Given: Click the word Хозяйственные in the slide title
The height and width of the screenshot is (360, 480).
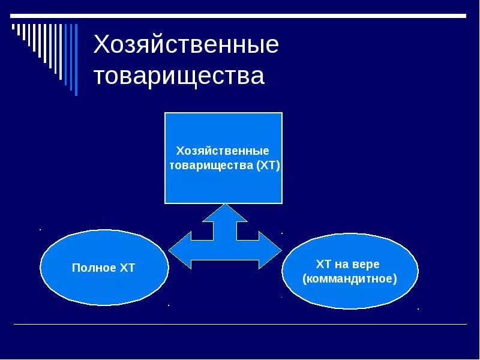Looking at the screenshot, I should (x=186, y=46).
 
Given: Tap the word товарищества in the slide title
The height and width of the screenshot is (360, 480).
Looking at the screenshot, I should (x=179, y=76).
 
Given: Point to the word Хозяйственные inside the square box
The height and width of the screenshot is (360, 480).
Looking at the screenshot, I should (x=222, y=151).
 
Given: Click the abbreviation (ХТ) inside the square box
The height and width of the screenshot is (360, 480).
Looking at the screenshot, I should (x=268, y=166).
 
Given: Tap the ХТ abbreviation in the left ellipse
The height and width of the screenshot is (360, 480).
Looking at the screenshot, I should (x=127, y=268).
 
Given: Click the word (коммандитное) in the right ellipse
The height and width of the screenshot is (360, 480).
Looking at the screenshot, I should (x=350, y=279).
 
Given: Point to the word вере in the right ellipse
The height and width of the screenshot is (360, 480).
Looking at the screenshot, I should (x=367, y=264).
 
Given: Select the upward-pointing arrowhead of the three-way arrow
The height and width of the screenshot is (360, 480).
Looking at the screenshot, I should (x=225, y=212).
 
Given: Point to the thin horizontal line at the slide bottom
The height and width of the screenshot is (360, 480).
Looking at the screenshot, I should (x=240, y=325).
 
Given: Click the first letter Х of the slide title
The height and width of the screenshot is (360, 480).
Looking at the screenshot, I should (x=102, y=46).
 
